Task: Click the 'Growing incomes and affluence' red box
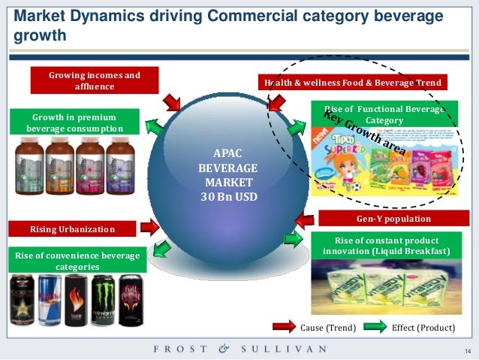point(95,80)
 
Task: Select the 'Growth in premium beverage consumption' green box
point(74,123)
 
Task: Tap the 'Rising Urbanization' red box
point(72,228)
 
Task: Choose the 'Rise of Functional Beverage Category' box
point(383,114)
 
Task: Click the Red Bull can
point(49,300)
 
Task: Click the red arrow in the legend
point(285,328)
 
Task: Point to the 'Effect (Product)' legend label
point(421,328)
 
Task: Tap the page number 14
point(466,351)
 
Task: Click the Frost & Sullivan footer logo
point(239,349)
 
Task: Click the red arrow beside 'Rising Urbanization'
point(149,225)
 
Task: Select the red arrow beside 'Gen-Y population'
point(304,220)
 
